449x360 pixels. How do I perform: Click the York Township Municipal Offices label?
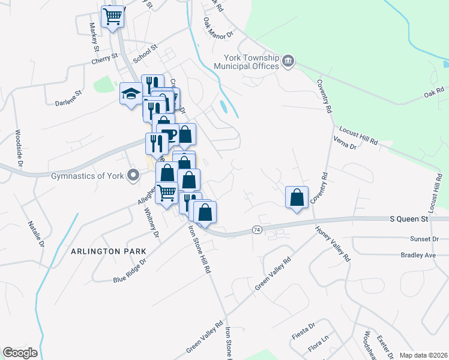(x=251, y=62)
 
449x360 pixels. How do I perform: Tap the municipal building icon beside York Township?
(x=288, y=60)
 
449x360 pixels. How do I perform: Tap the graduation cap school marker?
(x=130, y=94)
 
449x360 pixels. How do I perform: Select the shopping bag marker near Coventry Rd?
(x=297, y=197)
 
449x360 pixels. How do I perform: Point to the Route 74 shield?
(x=257, y=230)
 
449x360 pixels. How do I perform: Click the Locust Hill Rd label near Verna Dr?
(x=358, y=135)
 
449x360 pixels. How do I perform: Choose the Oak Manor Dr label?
(x=217, y=28)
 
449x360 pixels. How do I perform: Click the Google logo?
(x=20, y=353)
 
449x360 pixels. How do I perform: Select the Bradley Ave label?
(x=418, y=255)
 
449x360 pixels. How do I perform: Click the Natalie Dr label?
(x=36, y=233)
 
